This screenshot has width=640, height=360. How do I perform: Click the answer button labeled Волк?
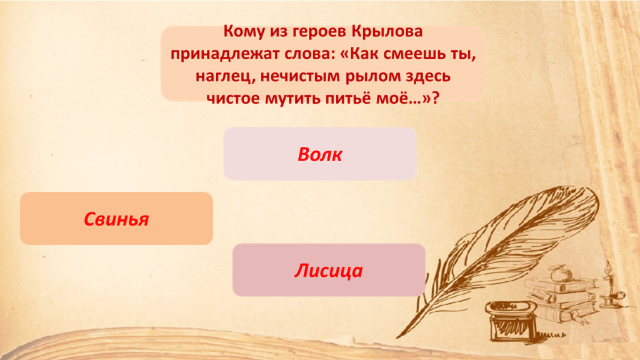(320, 154)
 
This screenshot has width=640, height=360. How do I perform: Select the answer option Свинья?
(116, 219)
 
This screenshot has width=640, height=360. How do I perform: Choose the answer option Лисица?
(329, 270)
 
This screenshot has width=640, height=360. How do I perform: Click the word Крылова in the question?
(386, 31)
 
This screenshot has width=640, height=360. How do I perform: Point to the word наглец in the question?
(224, 76)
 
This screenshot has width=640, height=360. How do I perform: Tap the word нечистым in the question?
(300, 76)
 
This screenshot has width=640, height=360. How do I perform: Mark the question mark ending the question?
(435, 98)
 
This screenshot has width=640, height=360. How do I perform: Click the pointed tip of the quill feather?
(398, 336)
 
